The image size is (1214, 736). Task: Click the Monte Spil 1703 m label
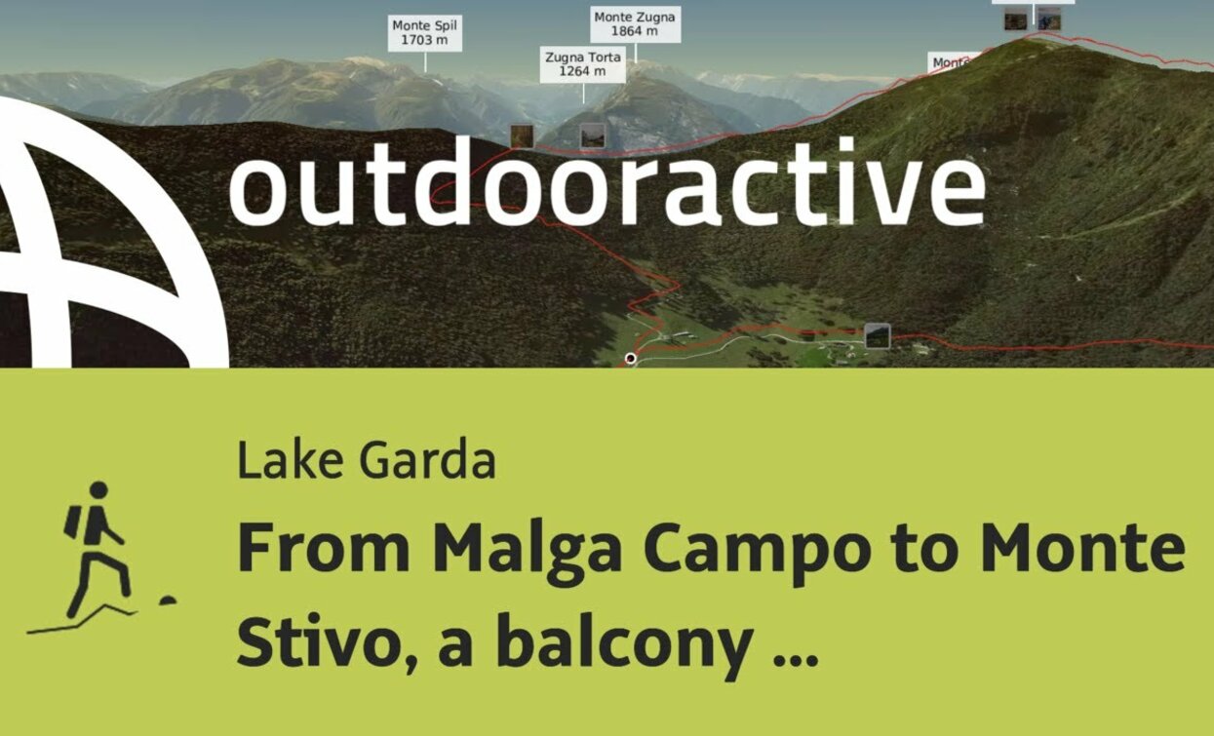(x=424, y=33)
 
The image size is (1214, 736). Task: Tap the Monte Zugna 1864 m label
(x=635, y=24)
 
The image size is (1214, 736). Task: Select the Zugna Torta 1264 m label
(x=583, y=64)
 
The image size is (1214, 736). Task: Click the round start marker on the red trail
(x=630, y=359)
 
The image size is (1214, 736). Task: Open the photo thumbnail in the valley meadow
(x=877, y=336)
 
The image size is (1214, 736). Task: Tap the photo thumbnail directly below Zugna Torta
(x=592, y=136)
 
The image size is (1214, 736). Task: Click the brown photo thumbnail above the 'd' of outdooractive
(x=522, y=136)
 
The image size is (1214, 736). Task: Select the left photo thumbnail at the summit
(x=1016, y=19)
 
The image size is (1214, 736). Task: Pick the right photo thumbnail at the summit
(x=1048, y=19)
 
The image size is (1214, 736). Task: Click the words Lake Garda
(x=367, y=461)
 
